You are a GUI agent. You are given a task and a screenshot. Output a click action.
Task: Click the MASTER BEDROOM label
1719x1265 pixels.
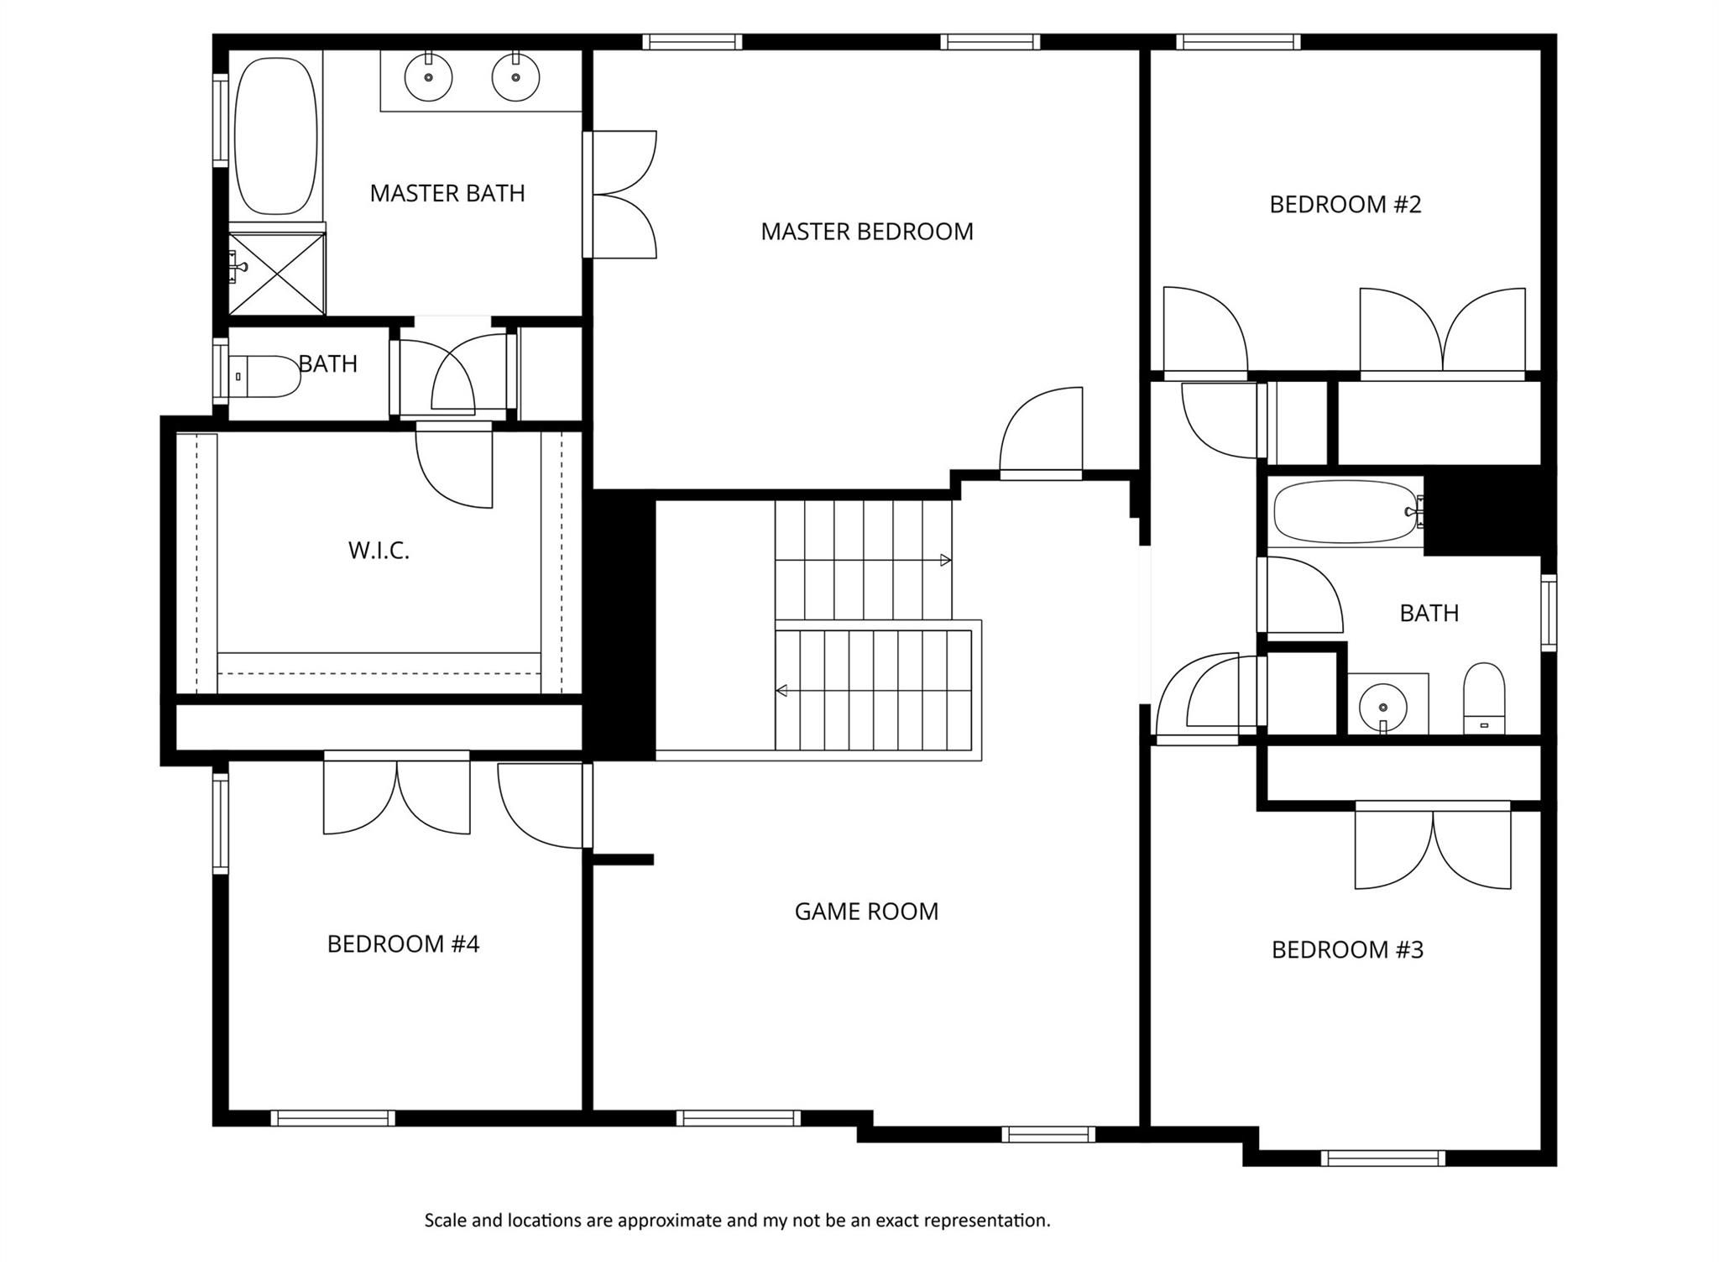(x=866, y=232)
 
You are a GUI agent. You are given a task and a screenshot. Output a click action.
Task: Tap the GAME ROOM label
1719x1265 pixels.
(x=866, y=912)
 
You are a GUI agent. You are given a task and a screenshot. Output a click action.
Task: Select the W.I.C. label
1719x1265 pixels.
(x=379, y=551)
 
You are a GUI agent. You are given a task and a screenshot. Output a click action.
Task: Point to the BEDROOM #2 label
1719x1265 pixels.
(x=1345, y=205)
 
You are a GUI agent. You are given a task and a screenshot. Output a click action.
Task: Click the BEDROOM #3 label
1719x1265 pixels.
(x=1347, y=950)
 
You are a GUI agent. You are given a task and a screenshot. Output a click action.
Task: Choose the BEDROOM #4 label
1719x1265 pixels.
(x=403, y=944)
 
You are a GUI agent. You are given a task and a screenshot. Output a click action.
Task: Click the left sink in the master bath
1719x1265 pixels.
(x=428, y=77)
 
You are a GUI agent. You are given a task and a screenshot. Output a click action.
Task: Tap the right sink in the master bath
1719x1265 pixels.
(x=515, y=77)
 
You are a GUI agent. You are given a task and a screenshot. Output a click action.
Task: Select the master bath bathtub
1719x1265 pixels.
(x=276, y=136)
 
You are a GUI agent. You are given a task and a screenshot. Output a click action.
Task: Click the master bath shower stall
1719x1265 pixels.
(x=277, y=274)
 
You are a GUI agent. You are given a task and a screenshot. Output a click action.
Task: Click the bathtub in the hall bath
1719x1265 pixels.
(x=1345, y=511)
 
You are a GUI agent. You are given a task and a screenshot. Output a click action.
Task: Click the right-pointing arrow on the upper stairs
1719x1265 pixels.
(x=945, y=560)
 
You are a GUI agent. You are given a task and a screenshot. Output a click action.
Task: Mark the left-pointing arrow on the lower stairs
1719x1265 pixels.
(x=781, y=691)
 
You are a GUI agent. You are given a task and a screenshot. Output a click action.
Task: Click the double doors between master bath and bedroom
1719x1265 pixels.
(x=621, y=195)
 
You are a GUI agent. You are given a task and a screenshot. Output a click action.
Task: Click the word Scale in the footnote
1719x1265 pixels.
(x=445, y=1221)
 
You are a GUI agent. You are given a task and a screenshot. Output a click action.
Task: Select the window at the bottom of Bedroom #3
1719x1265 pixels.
(x=1382, y=1158)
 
